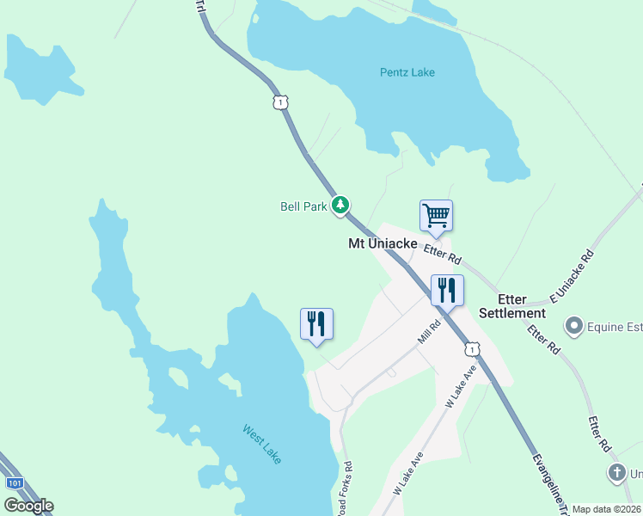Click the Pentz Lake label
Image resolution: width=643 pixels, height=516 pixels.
[x=407, y=72]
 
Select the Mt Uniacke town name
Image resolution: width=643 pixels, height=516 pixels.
[x=383, y=244]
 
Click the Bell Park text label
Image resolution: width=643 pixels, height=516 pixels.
[x=303, y=206]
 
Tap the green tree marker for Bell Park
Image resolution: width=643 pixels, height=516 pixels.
[x=341, y=205]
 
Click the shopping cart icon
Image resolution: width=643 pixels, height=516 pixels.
[x=436, y=215]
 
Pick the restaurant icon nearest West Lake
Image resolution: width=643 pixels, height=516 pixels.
[x=316, y=323]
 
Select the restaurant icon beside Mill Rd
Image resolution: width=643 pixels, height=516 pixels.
[x=447, y=290]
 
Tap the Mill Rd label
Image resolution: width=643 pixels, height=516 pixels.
[x=429, y=332]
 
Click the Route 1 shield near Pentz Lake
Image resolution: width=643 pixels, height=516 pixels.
[x=279, y=102]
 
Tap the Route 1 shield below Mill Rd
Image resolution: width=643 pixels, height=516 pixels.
[x=471, y=348]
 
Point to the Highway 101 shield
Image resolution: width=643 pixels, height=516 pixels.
[x=15, y=483]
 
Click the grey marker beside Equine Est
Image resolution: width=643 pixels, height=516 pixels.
[x=574, y=326]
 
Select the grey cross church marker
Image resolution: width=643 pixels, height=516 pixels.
[x=616, y=472]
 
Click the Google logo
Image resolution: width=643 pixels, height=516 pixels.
[x=28, y=506]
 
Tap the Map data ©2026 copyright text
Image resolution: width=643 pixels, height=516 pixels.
[x=606, y=509]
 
